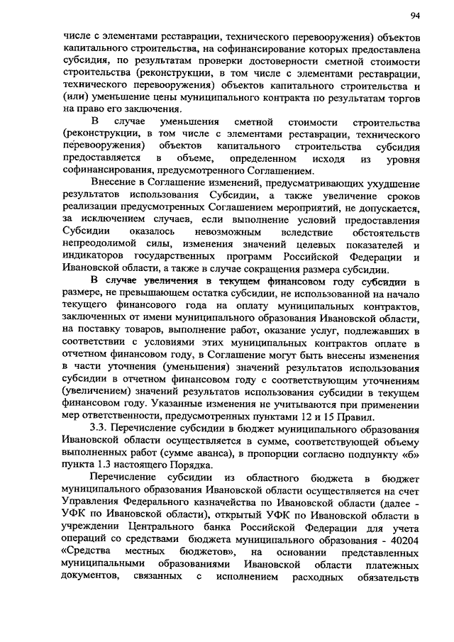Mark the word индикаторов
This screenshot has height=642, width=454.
point(96,256)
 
